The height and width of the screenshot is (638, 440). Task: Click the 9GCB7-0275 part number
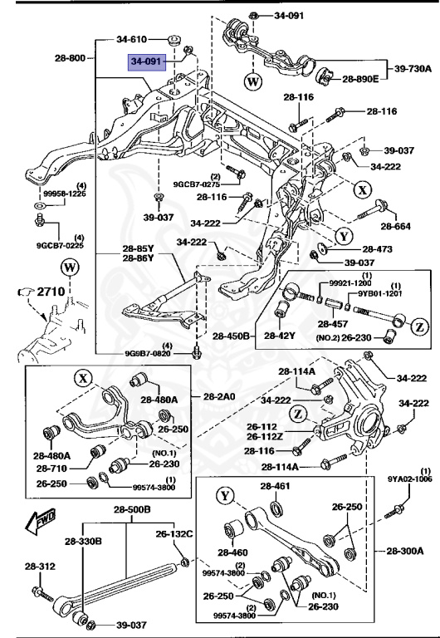(x=198, y=184)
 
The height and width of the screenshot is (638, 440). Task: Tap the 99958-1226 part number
(x=59, y=194)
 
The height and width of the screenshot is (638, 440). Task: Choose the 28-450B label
(x=235, y=336)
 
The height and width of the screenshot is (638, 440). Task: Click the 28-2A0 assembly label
(x=216, y=396)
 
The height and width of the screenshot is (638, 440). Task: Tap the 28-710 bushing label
(x=51, y=469)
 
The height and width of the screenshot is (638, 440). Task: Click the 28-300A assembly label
(x=404, y=573)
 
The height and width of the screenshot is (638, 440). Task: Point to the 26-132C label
(x=175, y=533)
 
